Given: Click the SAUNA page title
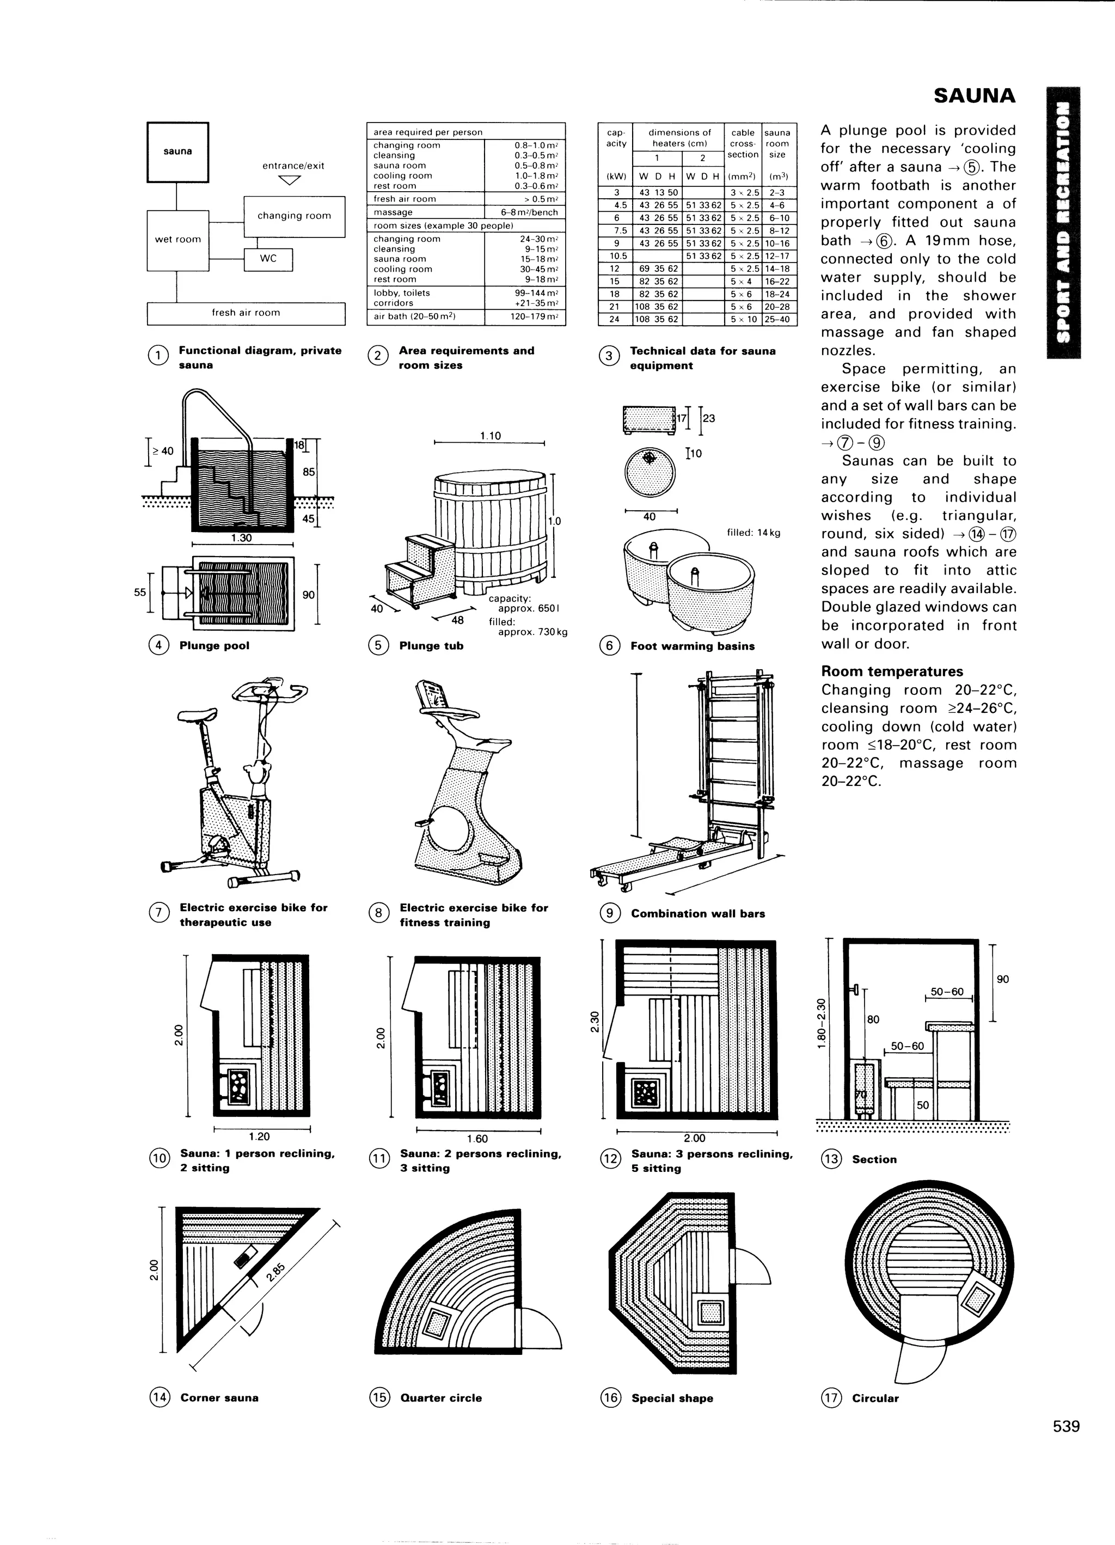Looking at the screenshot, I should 974,96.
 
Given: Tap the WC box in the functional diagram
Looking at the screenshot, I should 268,259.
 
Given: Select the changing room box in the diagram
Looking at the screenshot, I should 294,216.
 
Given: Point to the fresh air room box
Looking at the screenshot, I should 246,313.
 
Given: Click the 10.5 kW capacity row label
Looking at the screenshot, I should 615,256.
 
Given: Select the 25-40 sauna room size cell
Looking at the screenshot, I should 776,319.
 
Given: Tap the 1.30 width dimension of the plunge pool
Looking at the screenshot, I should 241,538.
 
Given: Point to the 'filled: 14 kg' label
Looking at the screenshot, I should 753,533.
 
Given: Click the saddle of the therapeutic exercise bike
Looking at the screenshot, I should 198,713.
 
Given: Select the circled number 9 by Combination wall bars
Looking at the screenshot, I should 610,913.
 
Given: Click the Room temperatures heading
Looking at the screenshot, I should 892,671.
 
